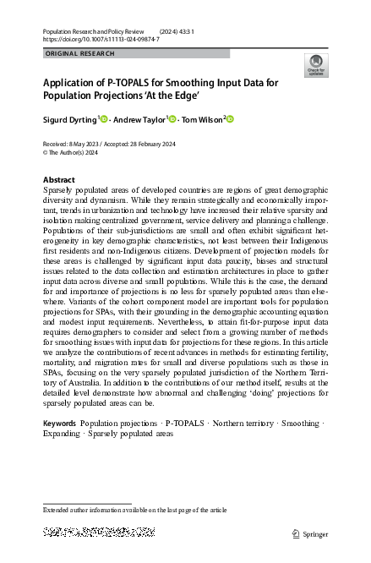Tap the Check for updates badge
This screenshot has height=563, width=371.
316,66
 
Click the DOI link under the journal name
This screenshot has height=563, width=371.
101,39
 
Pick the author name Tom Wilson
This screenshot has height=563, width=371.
203,119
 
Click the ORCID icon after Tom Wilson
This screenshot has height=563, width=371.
230,119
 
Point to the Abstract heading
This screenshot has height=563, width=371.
58,180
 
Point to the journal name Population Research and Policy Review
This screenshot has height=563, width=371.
95,30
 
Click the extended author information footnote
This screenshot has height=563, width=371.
135,511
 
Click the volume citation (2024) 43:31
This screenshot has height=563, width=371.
177,30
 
